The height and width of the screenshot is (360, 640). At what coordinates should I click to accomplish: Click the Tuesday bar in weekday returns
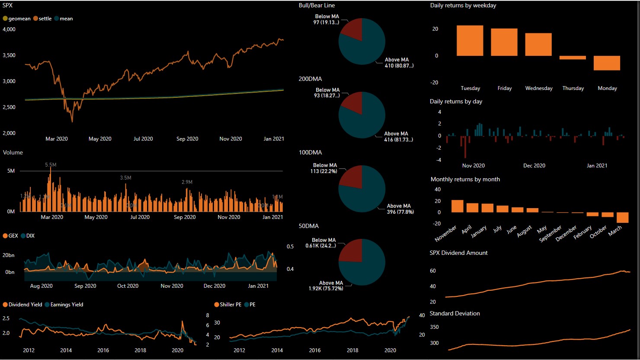pos(470,41)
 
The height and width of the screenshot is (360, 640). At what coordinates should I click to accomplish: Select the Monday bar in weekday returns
pos(607,63)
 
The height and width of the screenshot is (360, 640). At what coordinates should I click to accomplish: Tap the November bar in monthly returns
pos(457,206)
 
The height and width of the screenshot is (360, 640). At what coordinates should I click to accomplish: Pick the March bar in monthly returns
pos(622,217)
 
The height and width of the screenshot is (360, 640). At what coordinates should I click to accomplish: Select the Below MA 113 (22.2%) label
pos(325,168)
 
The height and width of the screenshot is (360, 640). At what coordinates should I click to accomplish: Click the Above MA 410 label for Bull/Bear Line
pos(398,63)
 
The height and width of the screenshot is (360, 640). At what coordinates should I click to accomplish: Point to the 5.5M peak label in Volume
pos(51,165)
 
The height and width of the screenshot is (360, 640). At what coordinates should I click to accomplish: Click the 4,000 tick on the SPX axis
pos(9,29)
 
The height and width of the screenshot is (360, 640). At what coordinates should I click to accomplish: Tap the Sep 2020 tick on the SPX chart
pos(187,139)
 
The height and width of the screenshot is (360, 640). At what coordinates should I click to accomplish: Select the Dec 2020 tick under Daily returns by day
pos(534,166)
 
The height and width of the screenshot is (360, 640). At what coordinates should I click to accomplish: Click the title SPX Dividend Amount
pos(458,253)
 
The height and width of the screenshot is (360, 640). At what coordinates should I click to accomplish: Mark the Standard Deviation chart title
pos(454,313)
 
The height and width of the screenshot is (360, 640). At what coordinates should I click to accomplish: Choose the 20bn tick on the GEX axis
pos(9,255)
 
